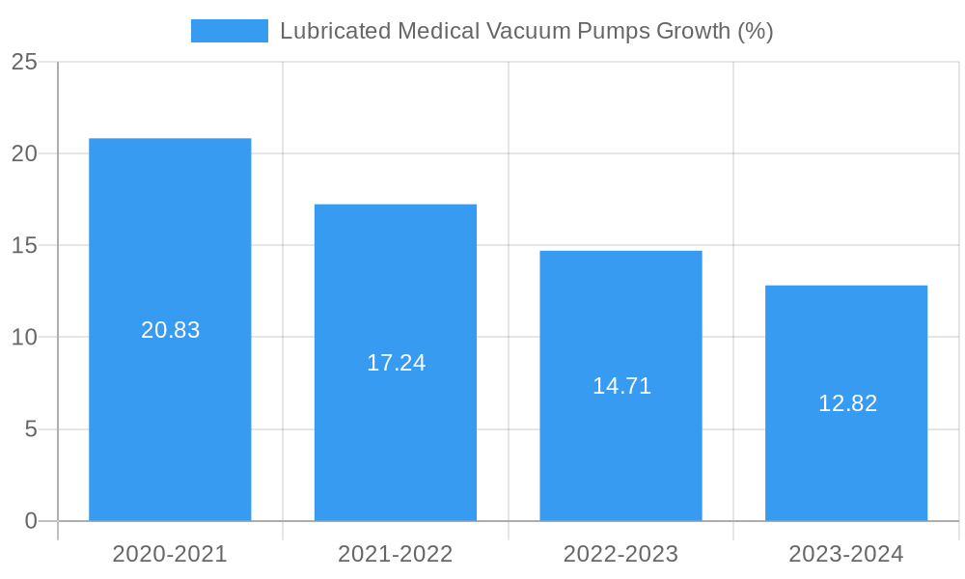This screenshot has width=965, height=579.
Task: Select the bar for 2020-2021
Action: pos(170,241)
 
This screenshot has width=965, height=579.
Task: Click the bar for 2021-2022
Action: pos(396,280)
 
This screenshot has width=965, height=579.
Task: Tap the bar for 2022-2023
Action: pos(620,309)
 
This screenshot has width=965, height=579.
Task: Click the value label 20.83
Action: pos(171,330)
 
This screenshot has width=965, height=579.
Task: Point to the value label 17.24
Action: pos(396,363)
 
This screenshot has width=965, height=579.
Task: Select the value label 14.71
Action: pos(621,386)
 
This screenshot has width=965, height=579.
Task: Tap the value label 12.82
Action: pos(847,403)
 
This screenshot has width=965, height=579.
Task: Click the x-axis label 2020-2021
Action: pos(170,554)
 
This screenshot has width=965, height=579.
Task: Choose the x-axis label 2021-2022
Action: pos(396,554)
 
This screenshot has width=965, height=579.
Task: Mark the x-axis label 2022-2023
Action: pos(620,554)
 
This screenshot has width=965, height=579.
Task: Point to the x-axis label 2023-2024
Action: pos(846,554)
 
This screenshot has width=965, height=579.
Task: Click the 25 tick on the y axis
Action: pos(24,63)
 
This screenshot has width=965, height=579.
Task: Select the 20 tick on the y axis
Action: pos(24,154)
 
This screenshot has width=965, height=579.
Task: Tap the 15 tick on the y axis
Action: pos(24,246)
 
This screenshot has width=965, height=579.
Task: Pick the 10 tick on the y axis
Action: pos(24,338)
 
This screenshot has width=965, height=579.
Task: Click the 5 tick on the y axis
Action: pos(31,429)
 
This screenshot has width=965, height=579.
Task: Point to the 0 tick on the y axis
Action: pos(31,521)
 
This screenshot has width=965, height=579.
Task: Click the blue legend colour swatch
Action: pos(230,31)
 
